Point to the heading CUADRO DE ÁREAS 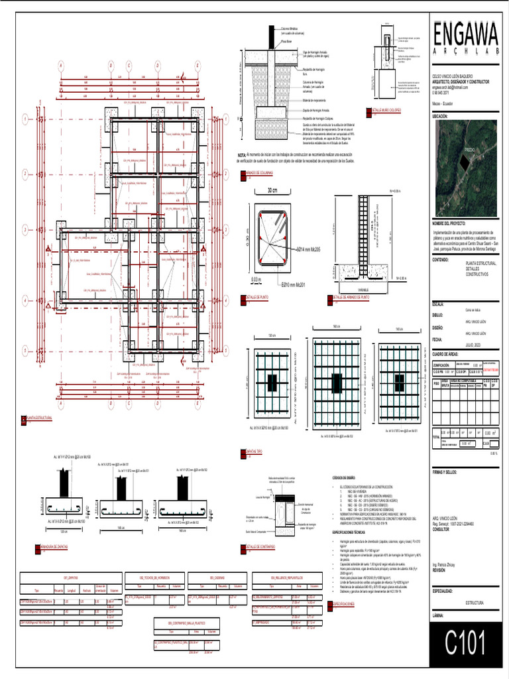(x=450, y=354)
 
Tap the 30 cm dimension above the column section (x=272, y=190)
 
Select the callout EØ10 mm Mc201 (x=295, y=284)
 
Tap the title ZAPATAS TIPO (x=251, y=452)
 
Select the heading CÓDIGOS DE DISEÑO (x=345, y=477)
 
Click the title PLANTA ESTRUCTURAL (x=42, y=418)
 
